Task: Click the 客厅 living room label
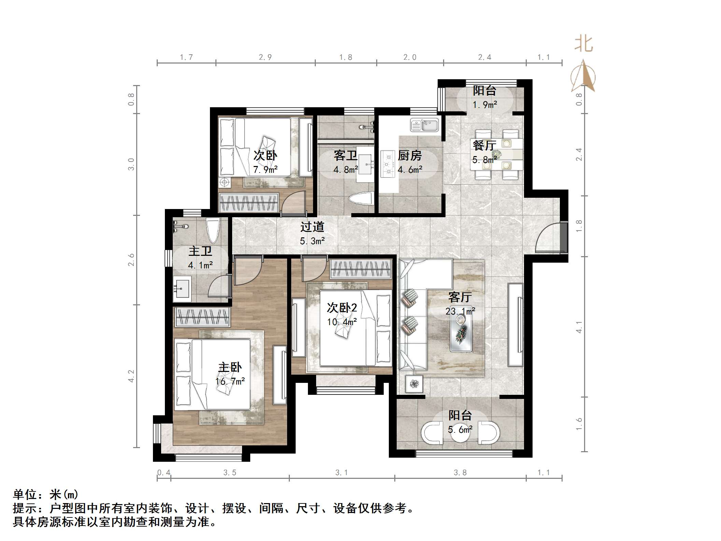pyautogui.click(x=460, y=297)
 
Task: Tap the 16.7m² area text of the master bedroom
pyautogui.click(x=230, y=382)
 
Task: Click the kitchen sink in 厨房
pyautogui.click(x=424, y=125)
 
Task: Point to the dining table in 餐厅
pyautogui.click(x=497, y=154)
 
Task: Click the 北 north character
pyautogui.click(x=583, y=45)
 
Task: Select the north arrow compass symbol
pyautogui.click(x=583, y=77)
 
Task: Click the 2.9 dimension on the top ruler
pyautogui.click(x=265, y=57)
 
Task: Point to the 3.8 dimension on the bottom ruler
pyautogui.click(x=460, y=473)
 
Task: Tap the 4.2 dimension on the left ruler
pyautogui.click(x=131, y=376)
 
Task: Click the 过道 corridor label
pyautogui.click(x=312, y=227)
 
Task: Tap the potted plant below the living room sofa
pyautogui.click(x=414, y=384)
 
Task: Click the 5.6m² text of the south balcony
pyautogui.click(x=460, y=430)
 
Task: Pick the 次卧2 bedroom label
pyautogui.click(x=342, y=308)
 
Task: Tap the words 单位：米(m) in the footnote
pyautogui.click(x=46, y=494)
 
